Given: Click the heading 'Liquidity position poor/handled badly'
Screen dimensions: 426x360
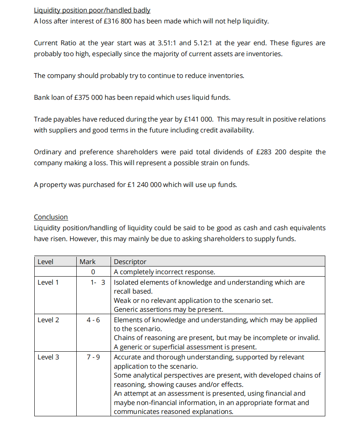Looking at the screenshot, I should [x=92, y=10].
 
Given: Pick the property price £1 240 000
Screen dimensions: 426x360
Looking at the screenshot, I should [x=144, y=185].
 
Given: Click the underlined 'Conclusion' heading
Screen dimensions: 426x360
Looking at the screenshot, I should [x=51, y=217].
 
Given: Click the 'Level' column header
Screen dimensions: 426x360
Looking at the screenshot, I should [x=45, y=262].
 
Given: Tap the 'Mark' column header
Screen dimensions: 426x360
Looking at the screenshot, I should [x=88, y=262].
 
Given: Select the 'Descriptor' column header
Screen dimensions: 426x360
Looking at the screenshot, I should [x=130, y=262].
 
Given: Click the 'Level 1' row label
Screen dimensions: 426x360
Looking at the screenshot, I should [x=48, y=282].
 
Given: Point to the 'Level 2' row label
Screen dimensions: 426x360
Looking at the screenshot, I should [x=48, y=320].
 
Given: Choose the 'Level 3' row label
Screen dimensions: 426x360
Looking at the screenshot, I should [x=48, y=357].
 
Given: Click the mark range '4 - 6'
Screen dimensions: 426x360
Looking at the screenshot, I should [x=93, y=320].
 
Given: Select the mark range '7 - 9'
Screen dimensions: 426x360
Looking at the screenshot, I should [x=93, y=357].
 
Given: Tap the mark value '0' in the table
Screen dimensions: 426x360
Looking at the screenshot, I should [x=93, y=272].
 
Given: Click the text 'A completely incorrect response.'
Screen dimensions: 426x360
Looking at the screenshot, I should [x=164, y=272].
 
